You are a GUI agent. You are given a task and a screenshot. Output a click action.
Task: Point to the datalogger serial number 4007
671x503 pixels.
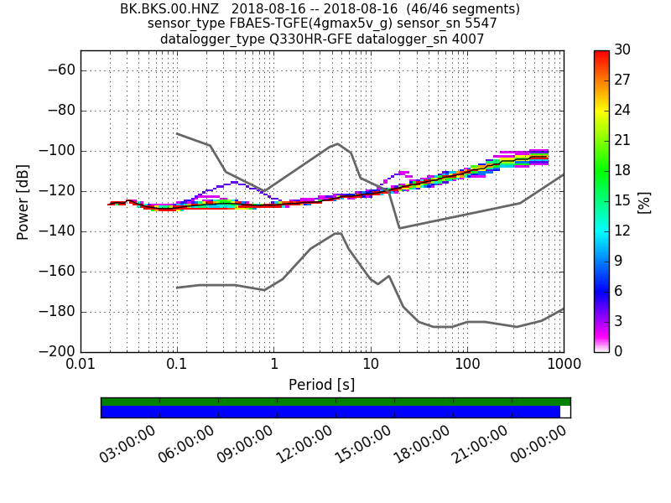[469, 39]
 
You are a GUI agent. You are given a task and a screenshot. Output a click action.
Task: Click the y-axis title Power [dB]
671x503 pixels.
[23, 201]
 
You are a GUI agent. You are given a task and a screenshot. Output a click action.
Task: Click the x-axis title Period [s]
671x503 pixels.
[321, 385]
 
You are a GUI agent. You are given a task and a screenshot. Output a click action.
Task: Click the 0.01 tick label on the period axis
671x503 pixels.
[81, 366]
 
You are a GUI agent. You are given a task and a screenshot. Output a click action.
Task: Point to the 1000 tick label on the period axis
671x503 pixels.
[563, 366]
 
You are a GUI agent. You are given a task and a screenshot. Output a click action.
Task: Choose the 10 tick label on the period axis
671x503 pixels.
[370, 366]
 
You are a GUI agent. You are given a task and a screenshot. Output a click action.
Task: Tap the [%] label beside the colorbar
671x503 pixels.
[645, 202]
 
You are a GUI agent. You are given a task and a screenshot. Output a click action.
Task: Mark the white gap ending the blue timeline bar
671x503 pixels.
[564, 412]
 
